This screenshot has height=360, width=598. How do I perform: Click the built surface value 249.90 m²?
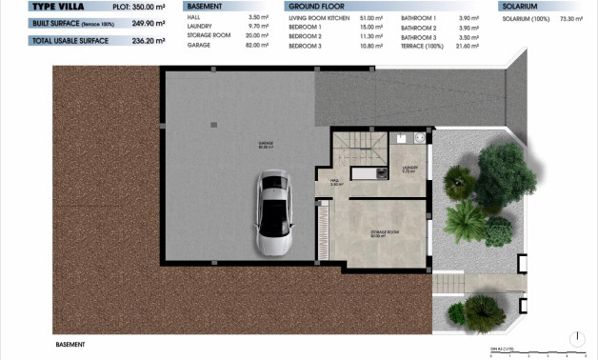click(148, 23)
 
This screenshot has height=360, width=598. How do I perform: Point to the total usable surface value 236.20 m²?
click(148, 41)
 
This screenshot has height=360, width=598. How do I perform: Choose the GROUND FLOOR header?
click(310, 6)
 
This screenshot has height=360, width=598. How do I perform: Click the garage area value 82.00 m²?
click(251, 46)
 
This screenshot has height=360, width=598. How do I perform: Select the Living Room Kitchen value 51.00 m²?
click(369, 17)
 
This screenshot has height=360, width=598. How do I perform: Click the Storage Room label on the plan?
click(384, 232)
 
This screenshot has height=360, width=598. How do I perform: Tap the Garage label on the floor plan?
click(265, 145)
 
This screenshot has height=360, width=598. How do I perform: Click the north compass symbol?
click(578, 338)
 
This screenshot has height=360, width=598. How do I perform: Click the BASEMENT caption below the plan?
click(70, 344)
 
